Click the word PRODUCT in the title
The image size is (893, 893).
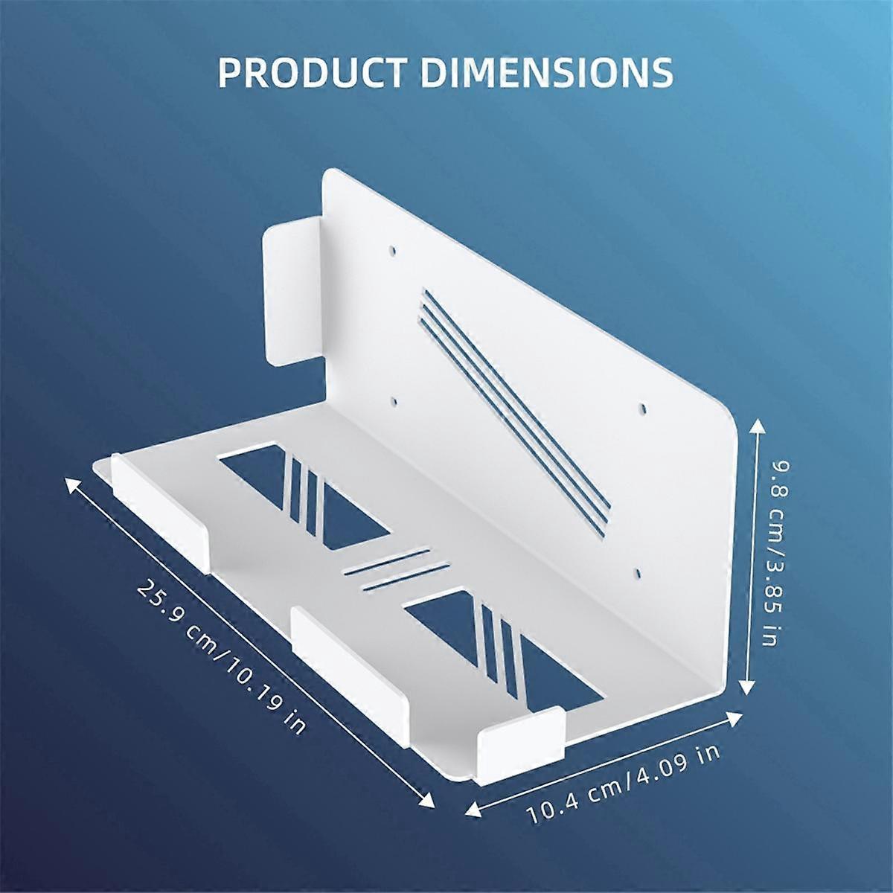click(313, 71)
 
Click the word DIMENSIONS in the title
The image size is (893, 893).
click(547, 71)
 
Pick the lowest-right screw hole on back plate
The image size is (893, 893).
click(638, 574)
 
